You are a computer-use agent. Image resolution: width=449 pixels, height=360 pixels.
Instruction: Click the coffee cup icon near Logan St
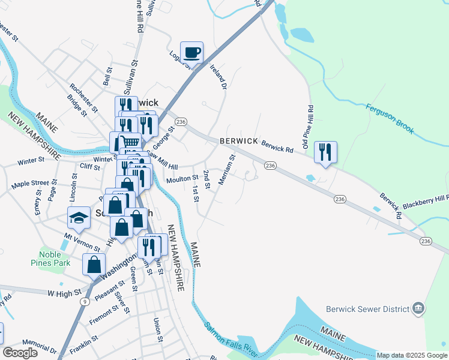[191, 53]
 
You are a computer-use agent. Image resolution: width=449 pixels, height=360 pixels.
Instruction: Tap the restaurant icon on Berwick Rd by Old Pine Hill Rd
[325, 152]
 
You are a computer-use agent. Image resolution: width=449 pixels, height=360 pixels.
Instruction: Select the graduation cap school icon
[79, 218]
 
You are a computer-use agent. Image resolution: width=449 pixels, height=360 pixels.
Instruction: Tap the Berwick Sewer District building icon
[419, 310]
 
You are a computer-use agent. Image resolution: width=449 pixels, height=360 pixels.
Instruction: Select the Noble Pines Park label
[50, 258]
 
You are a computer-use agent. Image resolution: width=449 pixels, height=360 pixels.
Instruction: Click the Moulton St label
[182, 178]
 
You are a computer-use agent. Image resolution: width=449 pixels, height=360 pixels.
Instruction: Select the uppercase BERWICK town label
[238, 141]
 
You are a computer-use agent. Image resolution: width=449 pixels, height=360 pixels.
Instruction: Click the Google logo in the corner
[20, 352]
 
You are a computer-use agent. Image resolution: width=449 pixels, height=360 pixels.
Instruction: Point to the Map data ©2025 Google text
[411, 355]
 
